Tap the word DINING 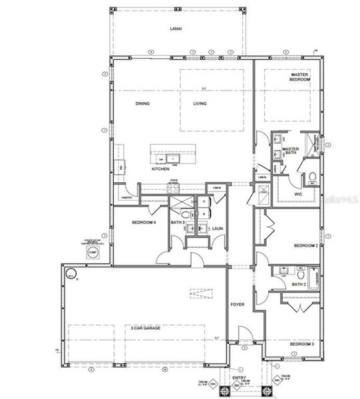point(142,104)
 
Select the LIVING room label point(200,104)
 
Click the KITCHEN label point(160,169)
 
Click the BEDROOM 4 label point(143,222)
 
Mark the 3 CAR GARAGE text point(142,328)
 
